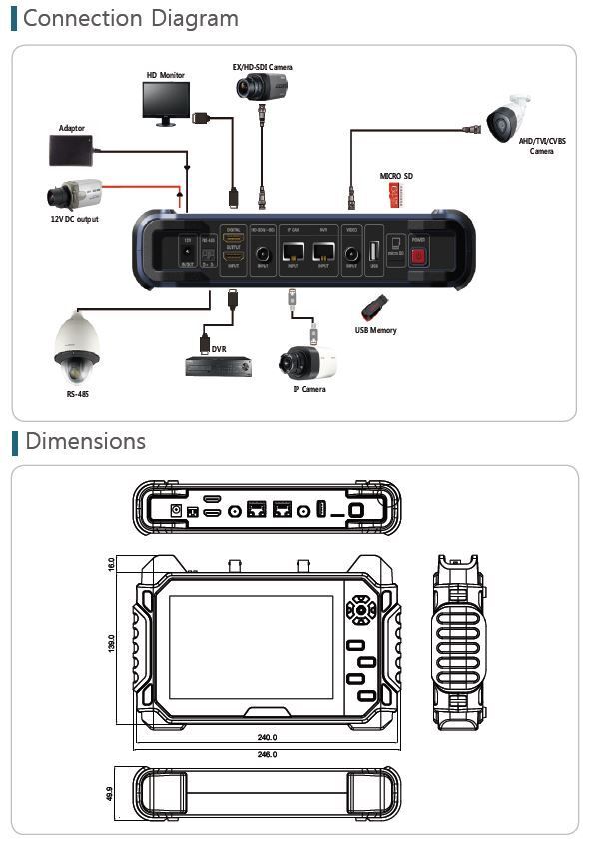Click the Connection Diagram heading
coord(130,18)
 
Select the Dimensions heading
coord(85,441)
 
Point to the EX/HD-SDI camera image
coord(263,87)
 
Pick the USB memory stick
coord(371,307)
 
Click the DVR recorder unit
coord(215,366)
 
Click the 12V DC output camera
coord(74,193)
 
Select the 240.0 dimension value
coord(267,737)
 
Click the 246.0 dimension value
coord(267,756)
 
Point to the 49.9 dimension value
coord(109,793)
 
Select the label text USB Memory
coord(375,330)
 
